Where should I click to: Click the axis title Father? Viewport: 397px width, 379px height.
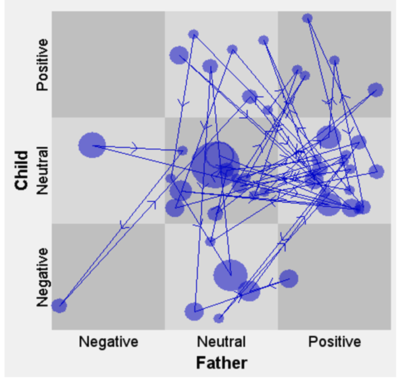[221, 363]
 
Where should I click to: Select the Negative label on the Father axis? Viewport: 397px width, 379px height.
[108, 341]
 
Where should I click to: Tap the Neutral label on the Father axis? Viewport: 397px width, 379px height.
[221, 341]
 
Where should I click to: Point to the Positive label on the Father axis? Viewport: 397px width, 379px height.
[334, 341]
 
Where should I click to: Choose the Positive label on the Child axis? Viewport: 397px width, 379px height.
[42, 64]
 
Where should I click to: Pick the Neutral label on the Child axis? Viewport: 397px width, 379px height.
[42, 170]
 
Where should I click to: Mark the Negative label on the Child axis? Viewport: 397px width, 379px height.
[42, 277]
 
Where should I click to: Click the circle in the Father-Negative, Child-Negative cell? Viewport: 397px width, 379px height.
[59, 306]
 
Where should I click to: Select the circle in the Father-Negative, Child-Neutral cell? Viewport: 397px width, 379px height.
[92, 146]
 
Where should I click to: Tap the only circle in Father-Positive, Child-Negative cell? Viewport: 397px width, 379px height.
[288, 278]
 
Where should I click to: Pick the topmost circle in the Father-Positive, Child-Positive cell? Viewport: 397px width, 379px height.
[307, 18]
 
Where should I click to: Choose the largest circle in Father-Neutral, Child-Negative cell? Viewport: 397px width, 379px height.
[230, 275]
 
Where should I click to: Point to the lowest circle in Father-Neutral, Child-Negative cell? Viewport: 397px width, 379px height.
[219, 318]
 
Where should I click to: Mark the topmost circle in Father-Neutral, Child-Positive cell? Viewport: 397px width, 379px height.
[194, 34]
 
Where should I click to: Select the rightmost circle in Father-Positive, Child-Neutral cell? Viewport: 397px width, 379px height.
[376, 171]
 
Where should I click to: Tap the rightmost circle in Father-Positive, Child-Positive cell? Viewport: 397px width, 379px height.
[375, 90]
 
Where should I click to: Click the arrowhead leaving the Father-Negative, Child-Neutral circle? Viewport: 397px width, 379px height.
[135, 146]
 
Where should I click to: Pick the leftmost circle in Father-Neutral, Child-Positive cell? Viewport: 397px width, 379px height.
[179, 55]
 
